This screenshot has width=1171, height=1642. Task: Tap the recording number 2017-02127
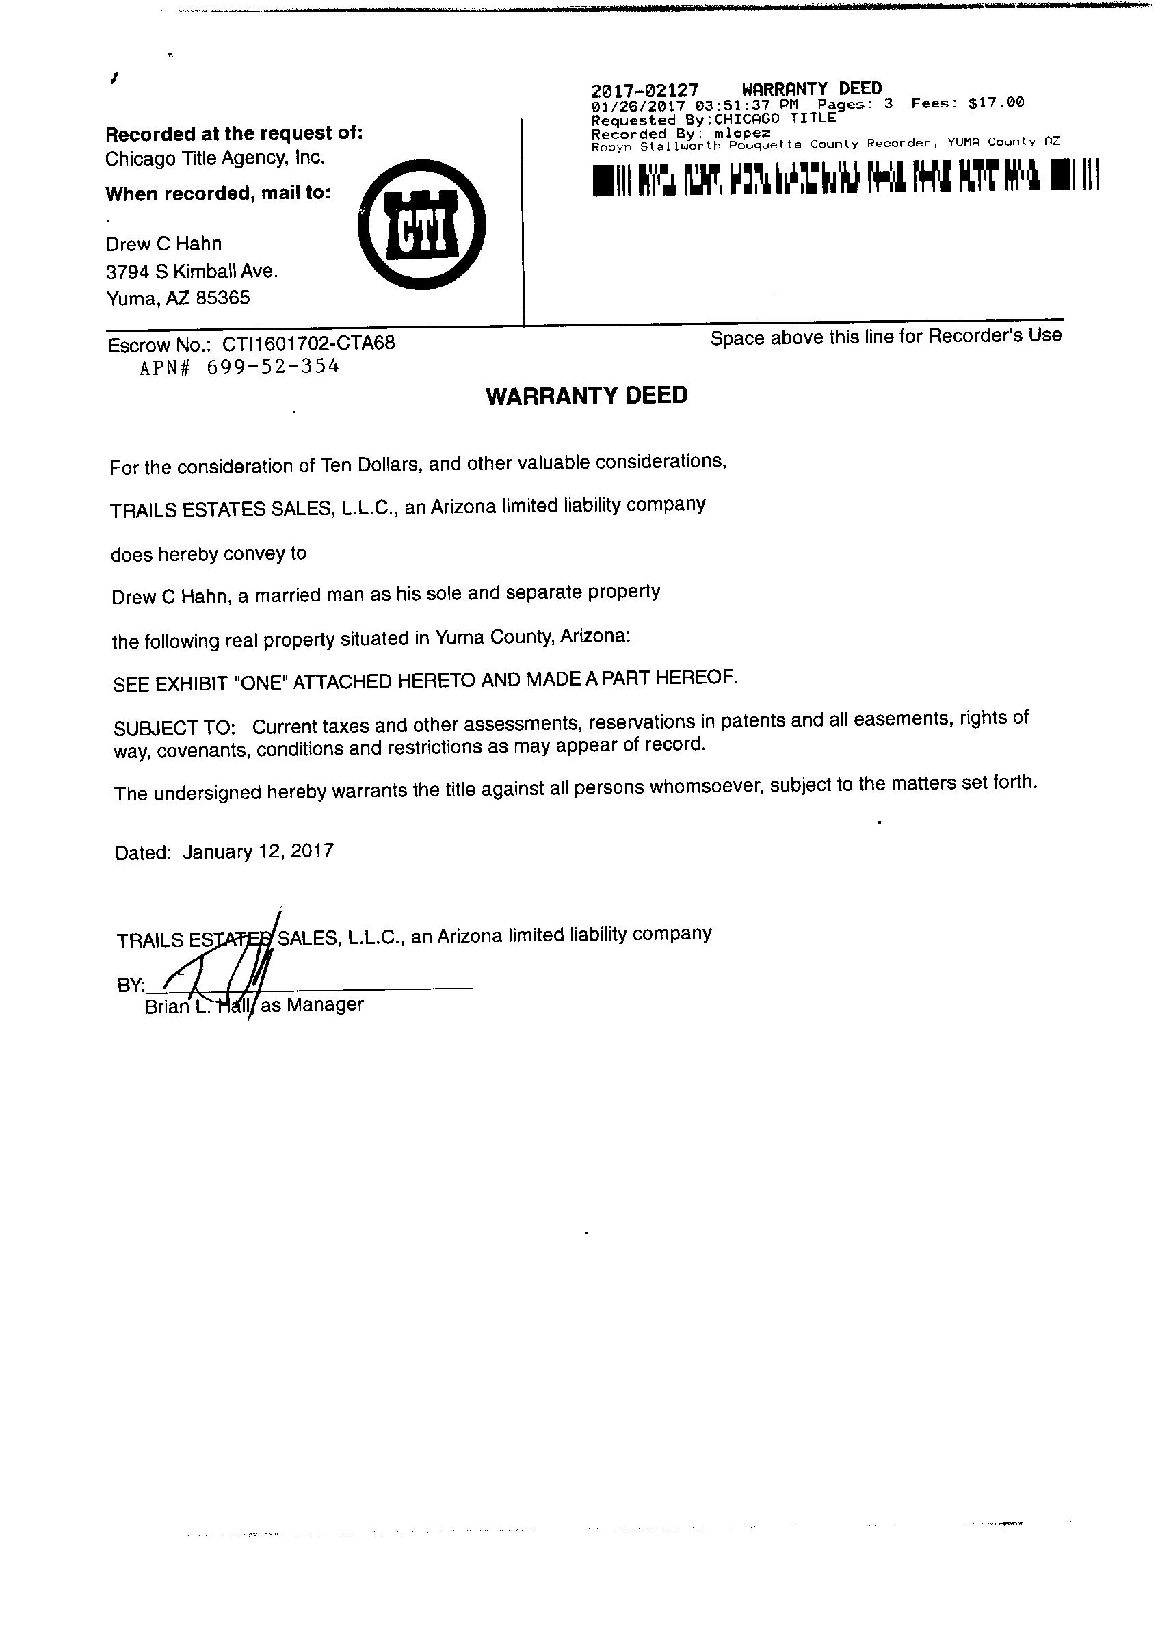click(644, 91)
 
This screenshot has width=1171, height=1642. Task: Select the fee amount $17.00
click(996, 103)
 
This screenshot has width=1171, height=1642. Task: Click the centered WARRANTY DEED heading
click(587, 396)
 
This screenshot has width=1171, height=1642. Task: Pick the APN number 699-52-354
click(272, 367)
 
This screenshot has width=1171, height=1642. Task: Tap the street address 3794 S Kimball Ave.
click(192, 272)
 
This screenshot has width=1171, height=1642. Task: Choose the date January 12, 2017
click(258, 852)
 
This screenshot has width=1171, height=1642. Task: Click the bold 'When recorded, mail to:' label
click(218, 193)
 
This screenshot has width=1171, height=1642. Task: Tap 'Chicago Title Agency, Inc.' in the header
click(215, 159)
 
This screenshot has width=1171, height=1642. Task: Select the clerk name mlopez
click(744, 133)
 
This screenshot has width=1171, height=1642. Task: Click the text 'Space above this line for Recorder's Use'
click(886, 336)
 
